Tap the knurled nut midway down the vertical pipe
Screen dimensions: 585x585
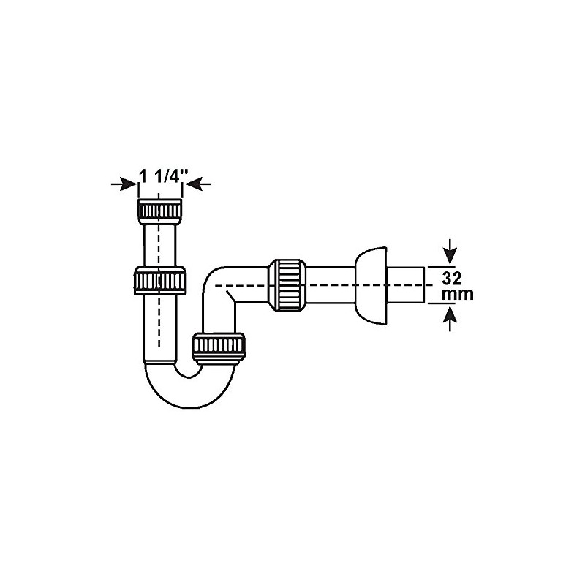pyautogui.click(x=161, y=281)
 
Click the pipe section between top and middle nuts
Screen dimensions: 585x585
pyautogui.click(x=161, y=245)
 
